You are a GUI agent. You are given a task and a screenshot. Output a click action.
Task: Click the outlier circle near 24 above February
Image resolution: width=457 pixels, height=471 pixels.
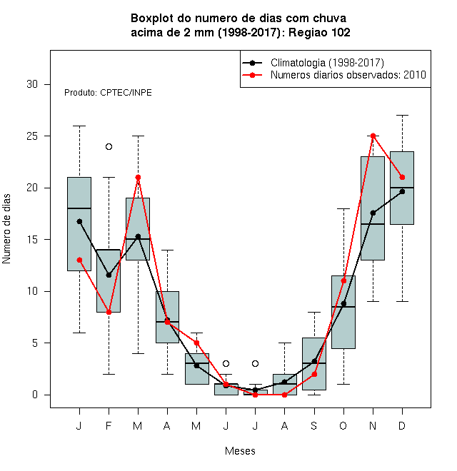click(x=109, y=146)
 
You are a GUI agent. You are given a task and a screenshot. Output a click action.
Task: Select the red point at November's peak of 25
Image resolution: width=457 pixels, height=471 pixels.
click(x=373, y=136)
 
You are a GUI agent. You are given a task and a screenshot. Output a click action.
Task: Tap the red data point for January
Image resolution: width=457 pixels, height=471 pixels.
click(x=79, y=260)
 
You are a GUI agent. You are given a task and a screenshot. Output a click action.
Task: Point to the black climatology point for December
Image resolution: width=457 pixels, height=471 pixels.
click(x=402, y=192)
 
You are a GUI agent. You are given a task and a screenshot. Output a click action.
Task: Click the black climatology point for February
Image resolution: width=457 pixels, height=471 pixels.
click(x=109, y=275)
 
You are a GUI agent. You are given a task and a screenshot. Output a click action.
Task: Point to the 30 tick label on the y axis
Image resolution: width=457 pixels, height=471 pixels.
click(x=32, y=84)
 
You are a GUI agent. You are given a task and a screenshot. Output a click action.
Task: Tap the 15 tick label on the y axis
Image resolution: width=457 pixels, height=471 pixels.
click(x=32, y=239)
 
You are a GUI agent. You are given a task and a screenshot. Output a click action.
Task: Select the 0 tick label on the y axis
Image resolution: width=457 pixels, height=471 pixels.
click(x=35, y=395)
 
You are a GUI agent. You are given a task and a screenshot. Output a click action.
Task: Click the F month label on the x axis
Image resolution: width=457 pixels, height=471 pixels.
click(x=109, y=425)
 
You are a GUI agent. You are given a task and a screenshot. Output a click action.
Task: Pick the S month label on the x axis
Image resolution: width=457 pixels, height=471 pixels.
click(x=314, y=425)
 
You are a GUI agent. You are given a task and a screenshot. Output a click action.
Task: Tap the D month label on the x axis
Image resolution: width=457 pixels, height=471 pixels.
click(x=402, y=425)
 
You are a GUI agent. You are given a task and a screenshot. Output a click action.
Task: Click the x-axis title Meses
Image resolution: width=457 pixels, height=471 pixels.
click(x=240, y=451)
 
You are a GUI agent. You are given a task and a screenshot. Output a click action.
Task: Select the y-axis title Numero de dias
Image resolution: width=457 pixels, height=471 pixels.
click(x=6, y=229)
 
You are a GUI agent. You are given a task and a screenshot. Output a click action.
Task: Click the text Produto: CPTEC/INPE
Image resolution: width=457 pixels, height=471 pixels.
click(x=108, y=93)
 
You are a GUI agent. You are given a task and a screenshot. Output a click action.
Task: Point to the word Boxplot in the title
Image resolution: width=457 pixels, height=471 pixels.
click(x=152, y=19)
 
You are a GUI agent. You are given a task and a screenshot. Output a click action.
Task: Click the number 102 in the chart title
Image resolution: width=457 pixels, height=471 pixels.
click(x=341, y=32)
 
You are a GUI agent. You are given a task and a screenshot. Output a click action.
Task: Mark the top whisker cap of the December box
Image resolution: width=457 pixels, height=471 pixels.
click(x=402, y=115)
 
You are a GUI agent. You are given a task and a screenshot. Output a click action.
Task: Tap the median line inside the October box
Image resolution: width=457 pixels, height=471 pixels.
click(x=343, y=307)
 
